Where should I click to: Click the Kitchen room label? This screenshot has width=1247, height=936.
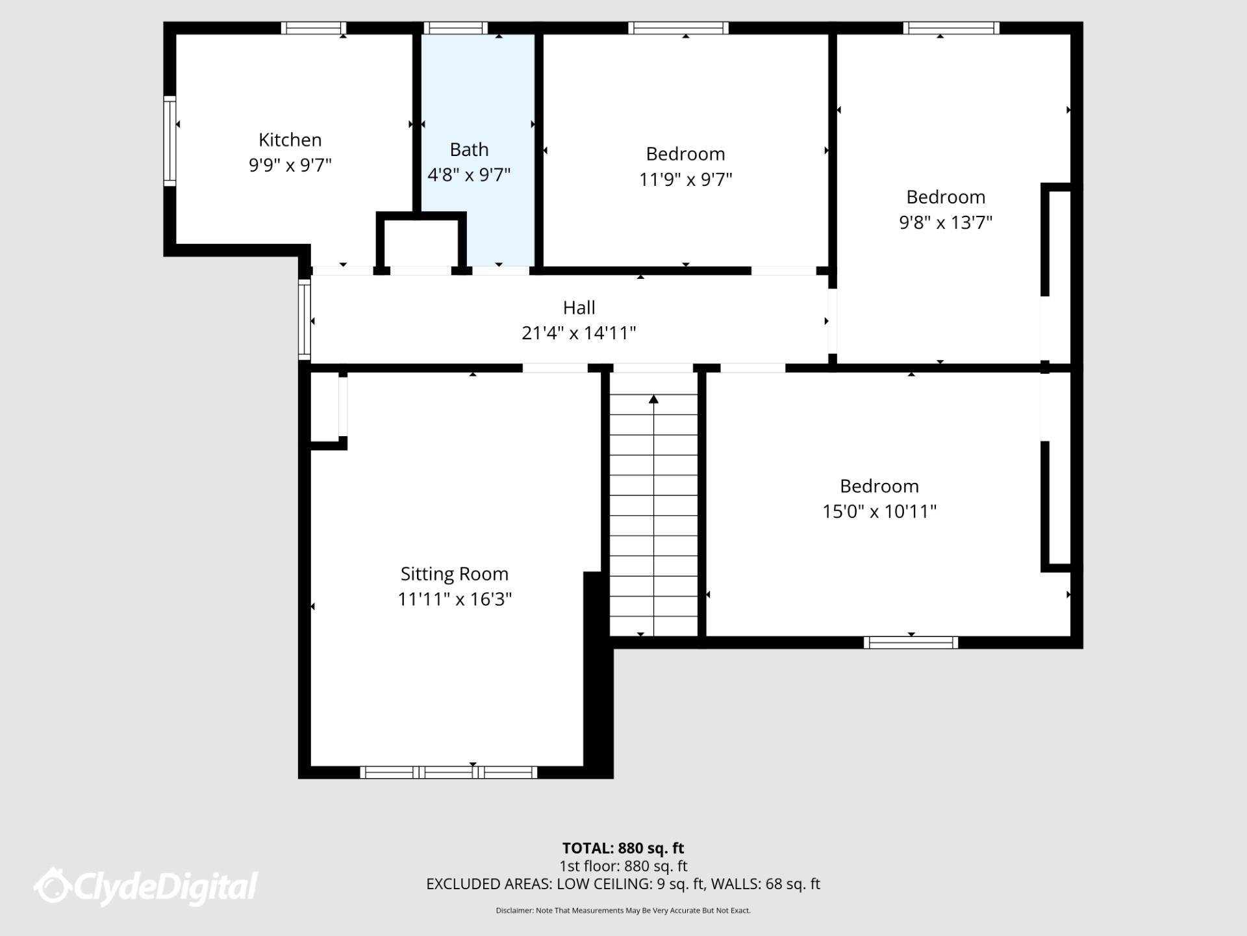(290, 140)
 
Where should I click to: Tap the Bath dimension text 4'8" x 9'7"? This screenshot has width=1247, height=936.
(469, 175)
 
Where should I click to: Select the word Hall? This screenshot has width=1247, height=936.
(579, 307)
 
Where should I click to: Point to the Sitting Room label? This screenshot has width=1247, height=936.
(454, 574)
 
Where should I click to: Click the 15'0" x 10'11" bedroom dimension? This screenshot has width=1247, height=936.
(879, 512)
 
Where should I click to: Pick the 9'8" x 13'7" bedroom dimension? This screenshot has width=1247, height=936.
(946, 222)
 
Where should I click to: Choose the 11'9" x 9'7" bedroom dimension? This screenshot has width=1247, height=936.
(685, 179)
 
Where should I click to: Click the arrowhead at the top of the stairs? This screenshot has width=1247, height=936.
(653, 399)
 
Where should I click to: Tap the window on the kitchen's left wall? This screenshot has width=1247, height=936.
(170, 141)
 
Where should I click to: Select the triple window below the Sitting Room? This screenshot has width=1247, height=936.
(449, 772)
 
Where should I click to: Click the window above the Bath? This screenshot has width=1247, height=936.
(455, 28)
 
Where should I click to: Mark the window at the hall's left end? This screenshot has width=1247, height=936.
(304, 319)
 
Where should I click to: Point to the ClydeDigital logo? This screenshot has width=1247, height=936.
(146, 887)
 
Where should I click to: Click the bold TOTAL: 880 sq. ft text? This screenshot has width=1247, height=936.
(623, 848)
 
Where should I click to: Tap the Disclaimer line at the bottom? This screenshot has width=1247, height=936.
(623, 911)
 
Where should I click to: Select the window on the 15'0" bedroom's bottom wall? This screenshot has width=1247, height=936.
(911, 642)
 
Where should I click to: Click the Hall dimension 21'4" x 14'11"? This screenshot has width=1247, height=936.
(579, 333)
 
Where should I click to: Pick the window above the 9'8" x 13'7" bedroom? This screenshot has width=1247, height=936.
(951, 28)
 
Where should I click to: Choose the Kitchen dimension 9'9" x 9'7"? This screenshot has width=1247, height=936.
(290, 165)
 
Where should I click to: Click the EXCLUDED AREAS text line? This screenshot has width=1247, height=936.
(623, 884)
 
